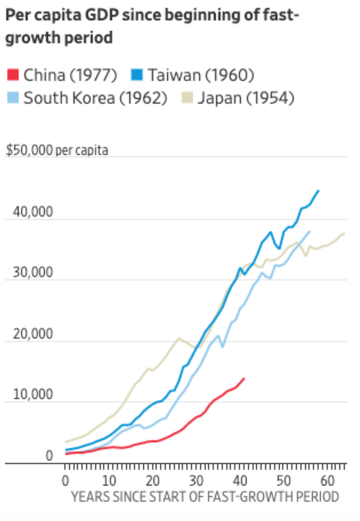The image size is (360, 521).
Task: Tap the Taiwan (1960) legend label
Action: [x=201, y=74]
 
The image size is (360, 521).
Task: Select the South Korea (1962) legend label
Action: [x=95, y=98]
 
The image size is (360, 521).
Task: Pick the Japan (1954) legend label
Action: [x=246, y=98]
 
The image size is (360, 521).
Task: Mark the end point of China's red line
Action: [x=244, y=378]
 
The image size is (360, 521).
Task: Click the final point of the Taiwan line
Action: [x=319, y=190]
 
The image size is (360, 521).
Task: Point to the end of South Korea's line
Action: [x=310, y=231]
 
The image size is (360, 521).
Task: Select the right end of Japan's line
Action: [x=345, y=233]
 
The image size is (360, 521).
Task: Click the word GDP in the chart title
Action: [x=103, y=16]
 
